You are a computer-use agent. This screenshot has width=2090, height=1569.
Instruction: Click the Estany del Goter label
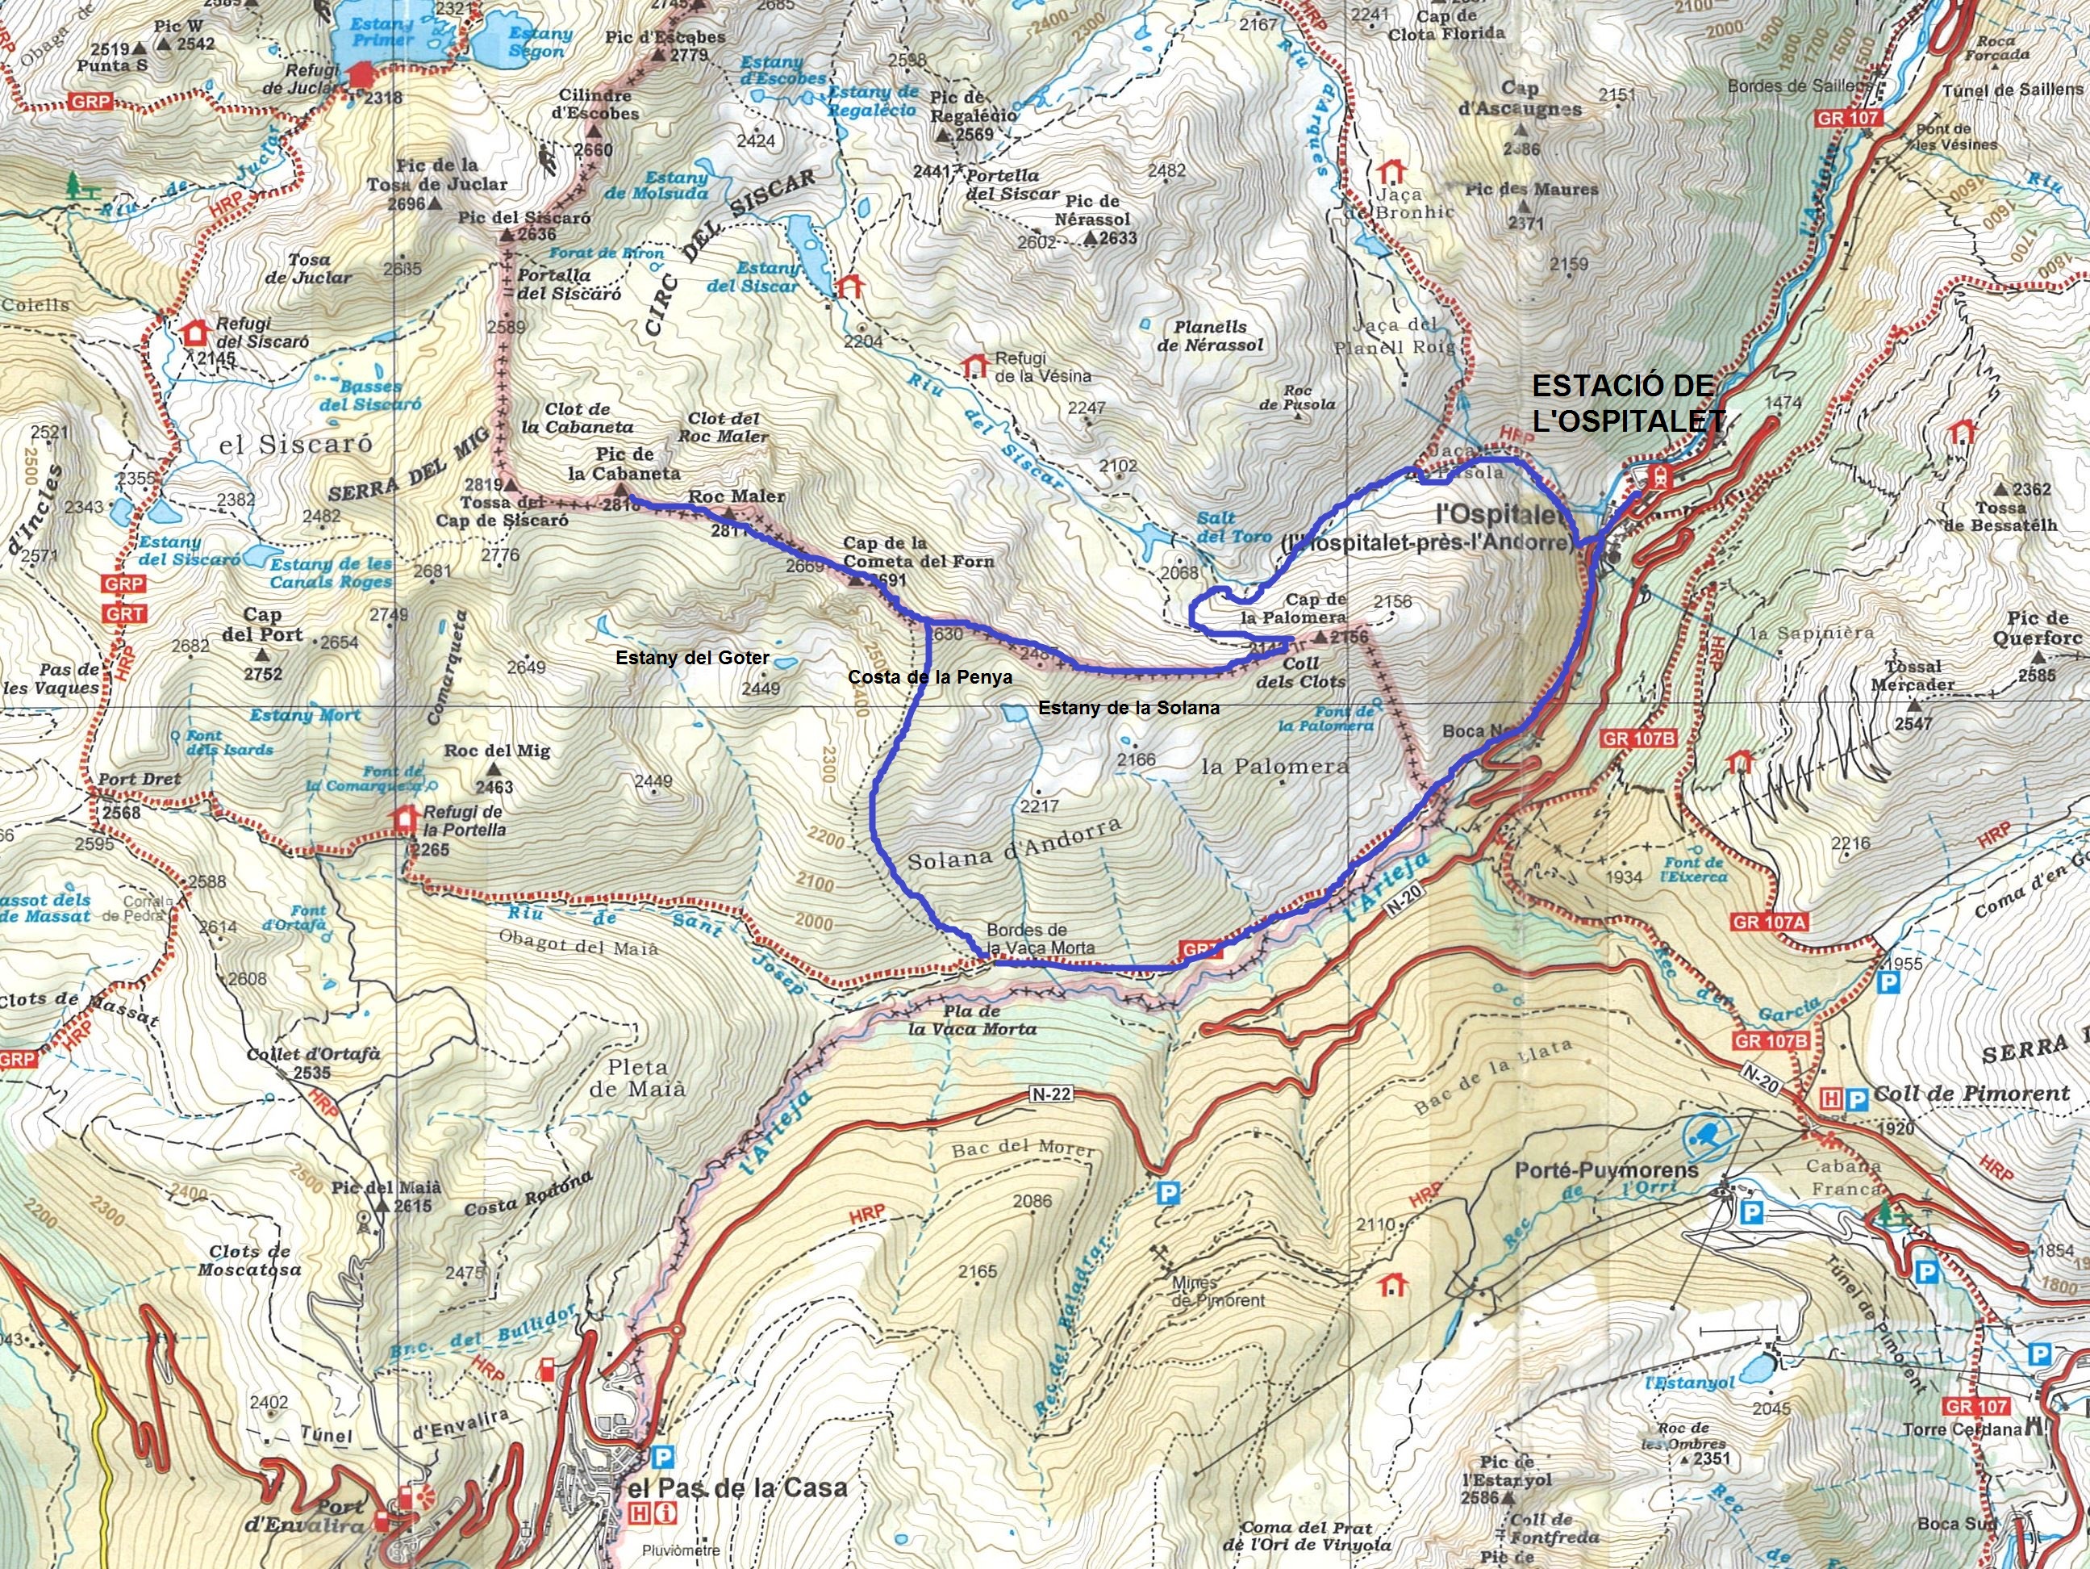693,658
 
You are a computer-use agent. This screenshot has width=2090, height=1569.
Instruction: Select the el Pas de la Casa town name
735,1487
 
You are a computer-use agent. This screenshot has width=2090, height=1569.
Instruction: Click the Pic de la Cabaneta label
624,464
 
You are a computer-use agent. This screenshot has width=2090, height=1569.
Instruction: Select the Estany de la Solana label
1129,707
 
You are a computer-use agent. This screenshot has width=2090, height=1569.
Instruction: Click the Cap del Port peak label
264,625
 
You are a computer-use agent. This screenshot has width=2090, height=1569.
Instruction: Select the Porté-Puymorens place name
1606,1170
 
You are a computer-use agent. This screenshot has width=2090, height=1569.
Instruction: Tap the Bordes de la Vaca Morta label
1039,939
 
